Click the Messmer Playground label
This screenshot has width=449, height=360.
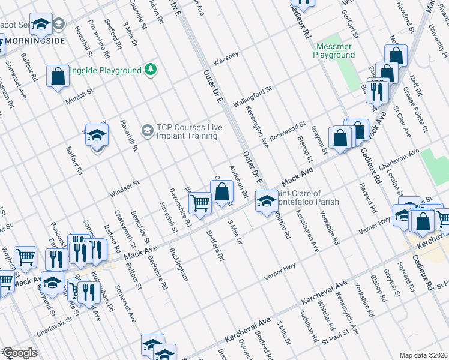(334, 50)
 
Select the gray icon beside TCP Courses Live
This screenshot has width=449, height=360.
(147, 130)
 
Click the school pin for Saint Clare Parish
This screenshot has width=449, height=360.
(264, 201)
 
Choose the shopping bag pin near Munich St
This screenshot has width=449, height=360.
(58, 76)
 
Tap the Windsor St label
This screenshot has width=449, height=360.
(124, 187)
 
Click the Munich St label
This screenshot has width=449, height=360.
(80, 96)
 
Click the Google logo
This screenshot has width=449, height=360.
(19, 353)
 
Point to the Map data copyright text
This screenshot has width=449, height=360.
(423, 355)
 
